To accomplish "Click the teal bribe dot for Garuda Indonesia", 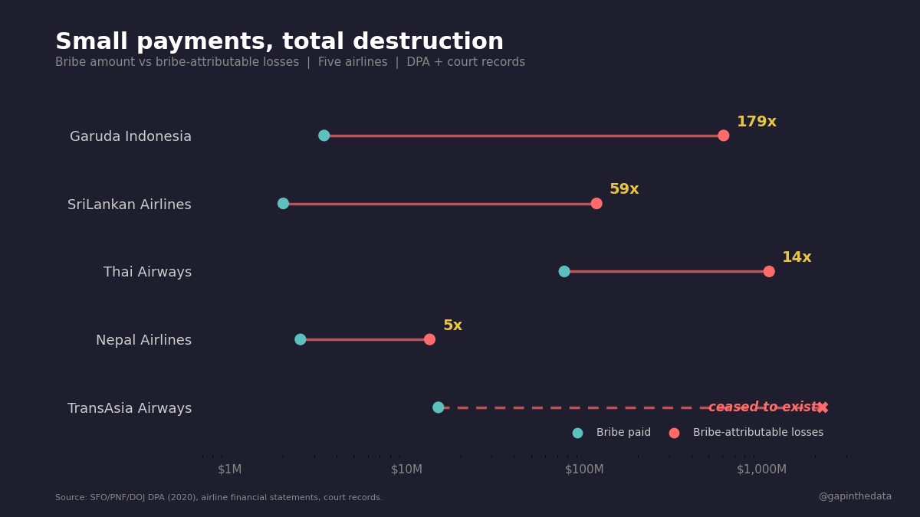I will tap(324, 136).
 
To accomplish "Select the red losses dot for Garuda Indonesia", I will tap(723, 136).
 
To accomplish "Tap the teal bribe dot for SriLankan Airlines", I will tap(283, 204).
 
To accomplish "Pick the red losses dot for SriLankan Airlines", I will tap(596, 204).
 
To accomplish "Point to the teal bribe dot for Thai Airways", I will tap(564, 271).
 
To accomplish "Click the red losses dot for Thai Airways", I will tap(769, 271).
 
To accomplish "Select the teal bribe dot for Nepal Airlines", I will tap(301, 339).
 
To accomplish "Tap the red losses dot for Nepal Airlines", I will tap(429, 339).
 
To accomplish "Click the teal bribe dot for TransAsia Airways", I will tap(438, 407).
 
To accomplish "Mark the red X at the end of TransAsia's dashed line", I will tap(823, 407).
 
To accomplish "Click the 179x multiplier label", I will tap(756, 122).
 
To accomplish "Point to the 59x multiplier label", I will tap(624, 189).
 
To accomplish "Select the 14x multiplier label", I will tap(797, 257).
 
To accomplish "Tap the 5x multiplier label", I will tap(452, 326).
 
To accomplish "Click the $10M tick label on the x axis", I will tap(406, 470).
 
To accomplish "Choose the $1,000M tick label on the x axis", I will tap(761, 470).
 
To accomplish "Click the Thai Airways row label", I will tap(147, 272).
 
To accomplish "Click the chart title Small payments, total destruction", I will tap(279, 42).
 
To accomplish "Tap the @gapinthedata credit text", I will tap(855, 496).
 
